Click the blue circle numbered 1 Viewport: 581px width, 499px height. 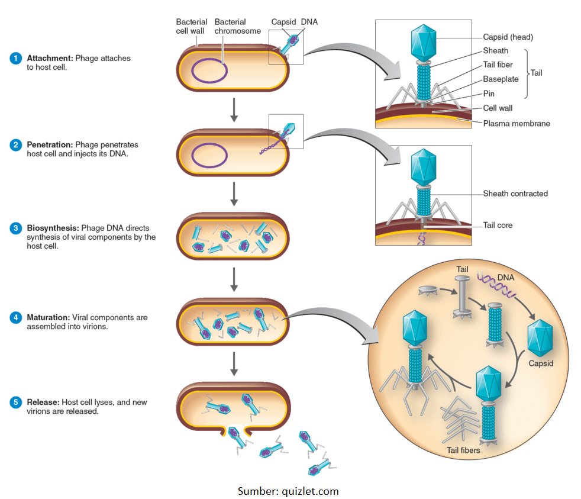[16, 59]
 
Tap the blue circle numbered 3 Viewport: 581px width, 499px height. [16, 228]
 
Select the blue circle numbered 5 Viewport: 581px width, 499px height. [16, 403]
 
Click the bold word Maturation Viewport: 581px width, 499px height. [48, 318]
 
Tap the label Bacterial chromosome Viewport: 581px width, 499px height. [237, 27]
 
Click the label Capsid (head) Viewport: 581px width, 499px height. [508, 37]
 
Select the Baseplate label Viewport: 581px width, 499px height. [501, 79]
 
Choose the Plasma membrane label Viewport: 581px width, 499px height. [517, 124]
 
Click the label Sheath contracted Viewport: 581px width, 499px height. [515, 194]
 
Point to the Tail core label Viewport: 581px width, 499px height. [498, 225]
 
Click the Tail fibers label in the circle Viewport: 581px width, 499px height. [463, 450]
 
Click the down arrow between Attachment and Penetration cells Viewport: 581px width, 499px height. [234, 109]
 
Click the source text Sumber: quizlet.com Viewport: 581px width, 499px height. [288, 491]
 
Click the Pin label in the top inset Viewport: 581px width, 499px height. [489, 94]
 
